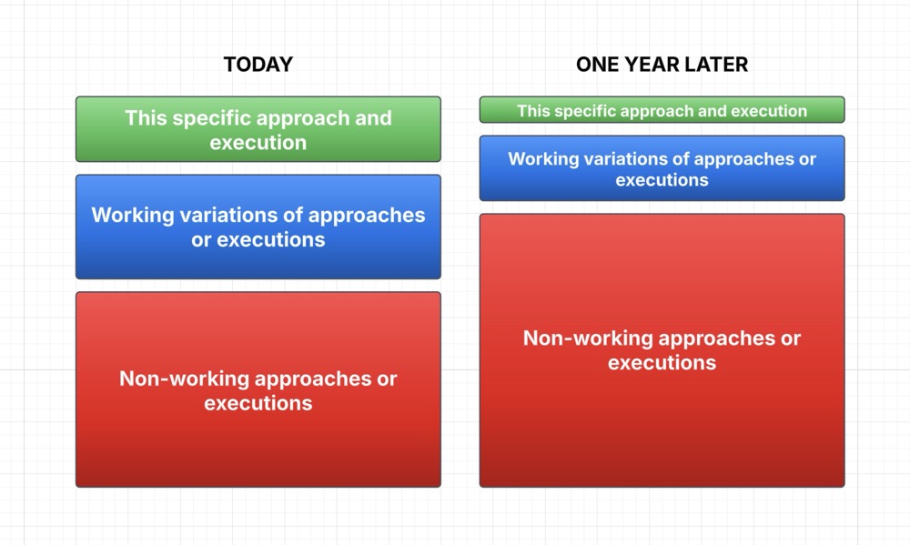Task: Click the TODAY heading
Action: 258,65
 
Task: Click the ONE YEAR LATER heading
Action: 662,65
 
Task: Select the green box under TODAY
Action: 258,129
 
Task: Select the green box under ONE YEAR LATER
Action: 662,110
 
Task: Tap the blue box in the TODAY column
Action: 258,227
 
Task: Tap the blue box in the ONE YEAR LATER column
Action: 662,168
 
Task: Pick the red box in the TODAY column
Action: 258,389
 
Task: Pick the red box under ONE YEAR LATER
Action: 662,350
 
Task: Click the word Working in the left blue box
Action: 133,216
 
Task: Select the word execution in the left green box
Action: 258,143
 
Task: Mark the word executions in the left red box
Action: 258,403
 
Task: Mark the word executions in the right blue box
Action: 662,180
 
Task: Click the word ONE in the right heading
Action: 597,65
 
